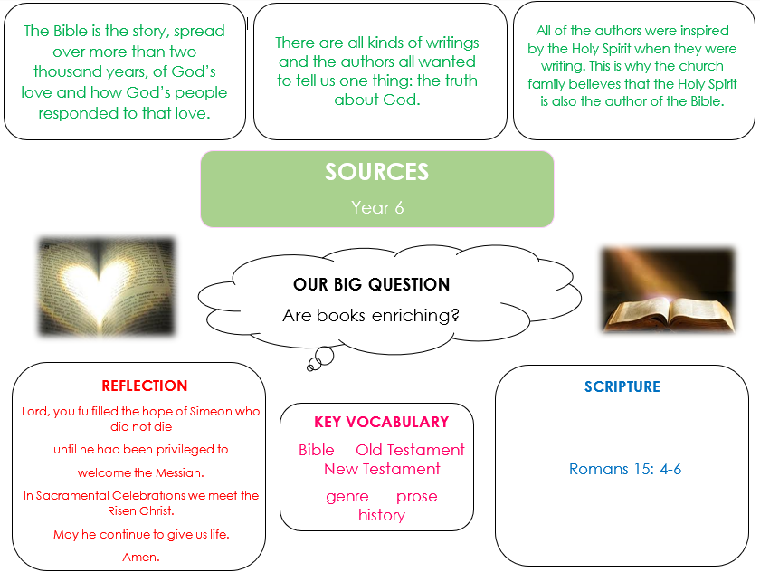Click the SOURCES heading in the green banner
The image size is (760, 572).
coord(376,172)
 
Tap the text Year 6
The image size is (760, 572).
coord(377,207)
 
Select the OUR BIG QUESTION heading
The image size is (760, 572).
coord(371,284)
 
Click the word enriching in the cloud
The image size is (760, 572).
coord(415,316)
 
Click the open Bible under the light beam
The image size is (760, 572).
coord(669,314)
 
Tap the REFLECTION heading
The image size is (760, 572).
coord(145,386)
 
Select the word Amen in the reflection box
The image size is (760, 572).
coord(141,557)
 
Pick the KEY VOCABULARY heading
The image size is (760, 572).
coord(382,422)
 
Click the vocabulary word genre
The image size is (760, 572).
coord(347,496)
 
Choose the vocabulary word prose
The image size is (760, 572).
coord(417,496)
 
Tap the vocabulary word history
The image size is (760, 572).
coord(382,515)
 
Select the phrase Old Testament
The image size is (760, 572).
coord(410,450)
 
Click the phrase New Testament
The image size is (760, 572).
coord(382,469)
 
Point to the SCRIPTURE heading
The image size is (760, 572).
coord(622,386)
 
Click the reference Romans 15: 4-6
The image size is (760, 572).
coord(625,469)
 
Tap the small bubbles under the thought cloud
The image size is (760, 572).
coord(321,358)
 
